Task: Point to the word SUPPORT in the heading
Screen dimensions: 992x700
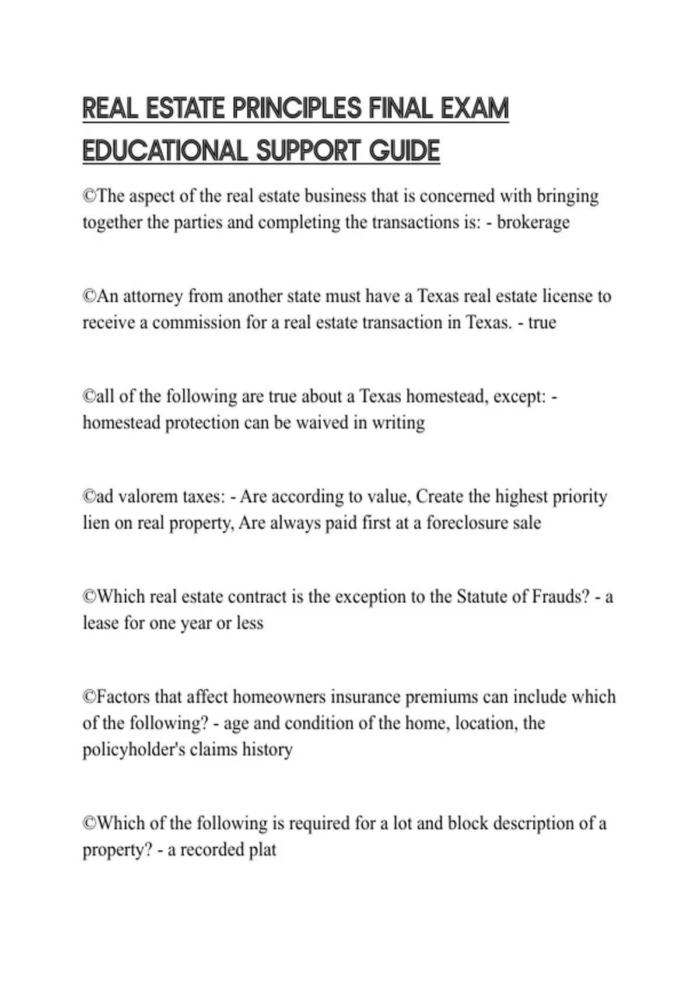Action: coord(309,151)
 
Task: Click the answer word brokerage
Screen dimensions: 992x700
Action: coord(533,222)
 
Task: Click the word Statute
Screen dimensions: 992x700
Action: coord(482,597)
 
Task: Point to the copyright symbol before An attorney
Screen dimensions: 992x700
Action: coord(89,296)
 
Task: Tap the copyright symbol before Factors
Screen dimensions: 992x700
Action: coord(89,697)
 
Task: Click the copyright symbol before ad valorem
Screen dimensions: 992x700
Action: coord(89,497)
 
